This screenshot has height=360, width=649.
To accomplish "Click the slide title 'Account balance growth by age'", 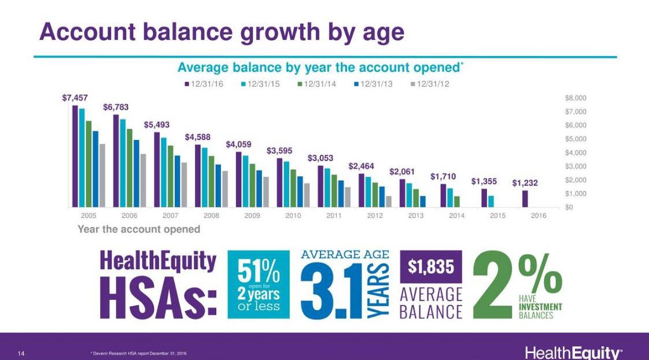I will tap(222, 32).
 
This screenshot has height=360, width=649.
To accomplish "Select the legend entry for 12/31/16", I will tap(204, 84).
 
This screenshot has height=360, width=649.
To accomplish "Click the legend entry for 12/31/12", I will tap(430, 84).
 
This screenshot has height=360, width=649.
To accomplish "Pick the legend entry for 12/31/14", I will tap(317, 84).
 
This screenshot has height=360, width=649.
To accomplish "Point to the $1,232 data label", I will tap(525, 183).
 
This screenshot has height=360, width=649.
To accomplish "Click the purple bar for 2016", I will tap(525, 199).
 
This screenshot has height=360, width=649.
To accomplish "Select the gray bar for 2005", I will tap(102, 176).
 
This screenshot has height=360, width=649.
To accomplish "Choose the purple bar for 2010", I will tap(280, 183).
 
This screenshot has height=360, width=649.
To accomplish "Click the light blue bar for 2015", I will tap(491, 201).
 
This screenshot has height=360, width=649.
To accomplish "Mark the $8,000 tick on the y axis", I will tap(576, 98).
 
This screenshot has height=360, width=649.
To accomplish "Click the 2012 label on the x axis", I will tap(375, 216).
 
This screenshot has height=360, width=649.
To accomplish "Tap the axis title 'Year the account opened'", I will tap(139, 229).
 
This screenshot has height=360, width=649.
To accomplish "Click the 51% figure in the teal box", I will tap(259, 270).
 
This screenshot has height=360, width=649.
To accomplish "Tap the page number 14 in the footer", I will tap(21, 352).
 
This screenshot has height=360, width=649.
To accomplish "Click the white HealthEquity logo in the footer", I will tap(573, 352).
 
